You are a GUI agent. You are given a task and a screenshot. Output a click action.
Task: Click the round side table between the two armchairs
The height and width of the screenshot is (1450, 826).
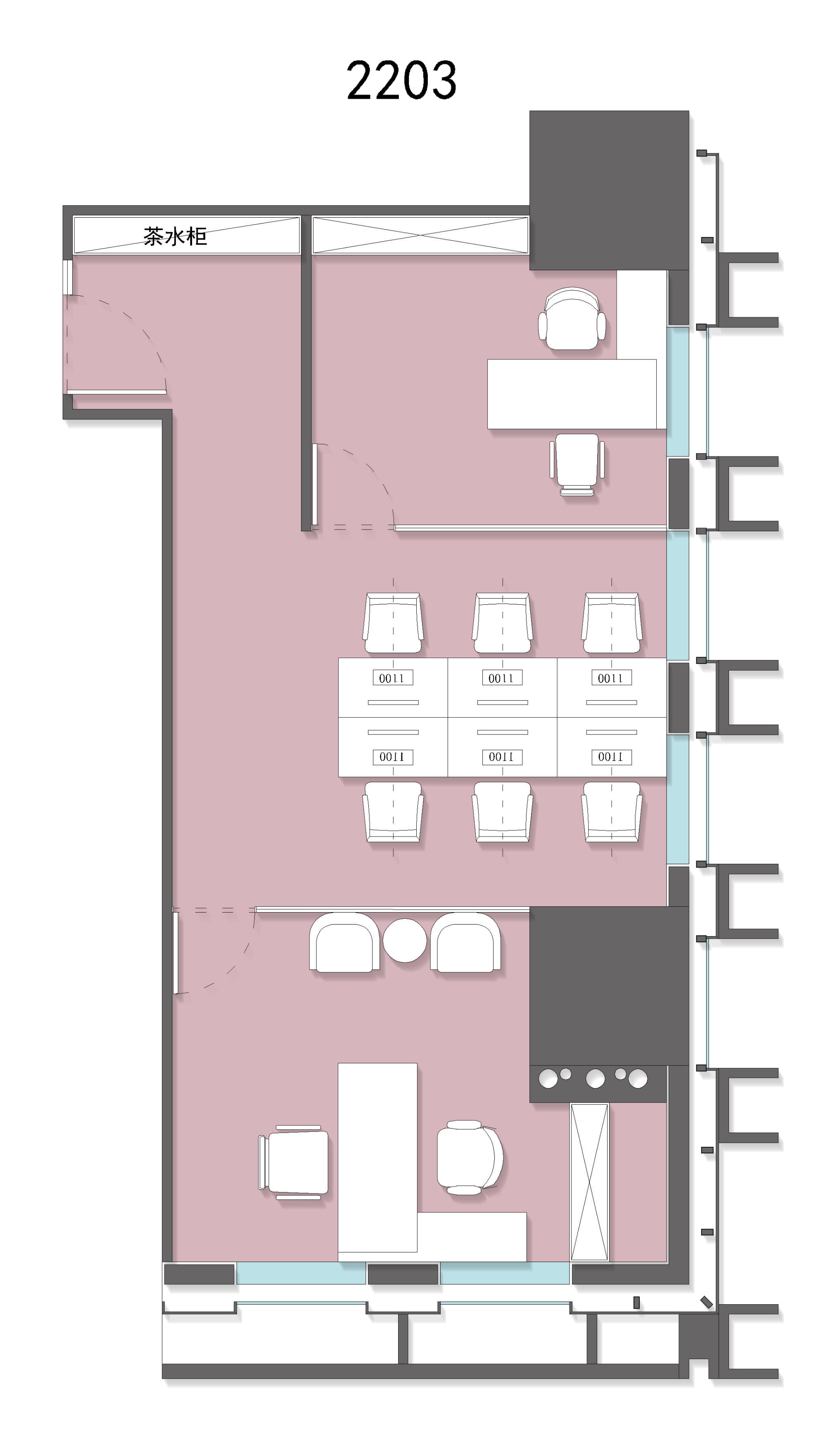tap(404, 940)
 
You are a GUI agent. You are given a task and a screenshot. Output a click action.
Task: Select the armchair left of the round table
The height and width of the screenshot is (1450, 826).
tap(344, 942)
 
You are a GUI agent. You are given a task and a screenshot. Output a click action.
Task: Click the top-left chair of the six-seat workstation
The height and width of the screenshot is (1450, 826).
tap(393, 623)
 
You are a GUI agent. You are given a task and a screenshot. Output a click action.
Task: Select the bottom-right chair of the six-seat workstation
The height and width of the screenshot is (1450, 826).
tap(612, 812)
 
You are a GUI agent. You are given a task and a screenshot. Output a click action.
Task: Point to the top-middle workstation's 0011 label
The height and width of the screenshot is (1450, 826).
tap(501, 678)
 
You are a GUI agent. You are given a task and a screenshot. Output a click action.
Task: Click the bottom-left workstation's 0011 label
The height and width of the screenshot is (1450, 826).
tap(392, 757)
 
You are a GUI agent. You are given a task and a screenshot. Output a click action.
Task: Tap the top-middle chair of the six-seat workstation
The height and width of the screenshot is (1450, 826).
tap(503, 623)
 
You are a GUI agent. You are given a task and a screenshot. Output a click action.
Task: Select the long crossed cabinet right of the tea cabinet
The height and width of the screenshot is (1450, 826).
tap(420, 235)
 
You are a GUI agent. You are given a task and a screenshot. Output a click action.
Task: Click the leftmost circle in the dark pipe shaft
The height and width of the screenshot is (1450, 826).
tap(548, 1079)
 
